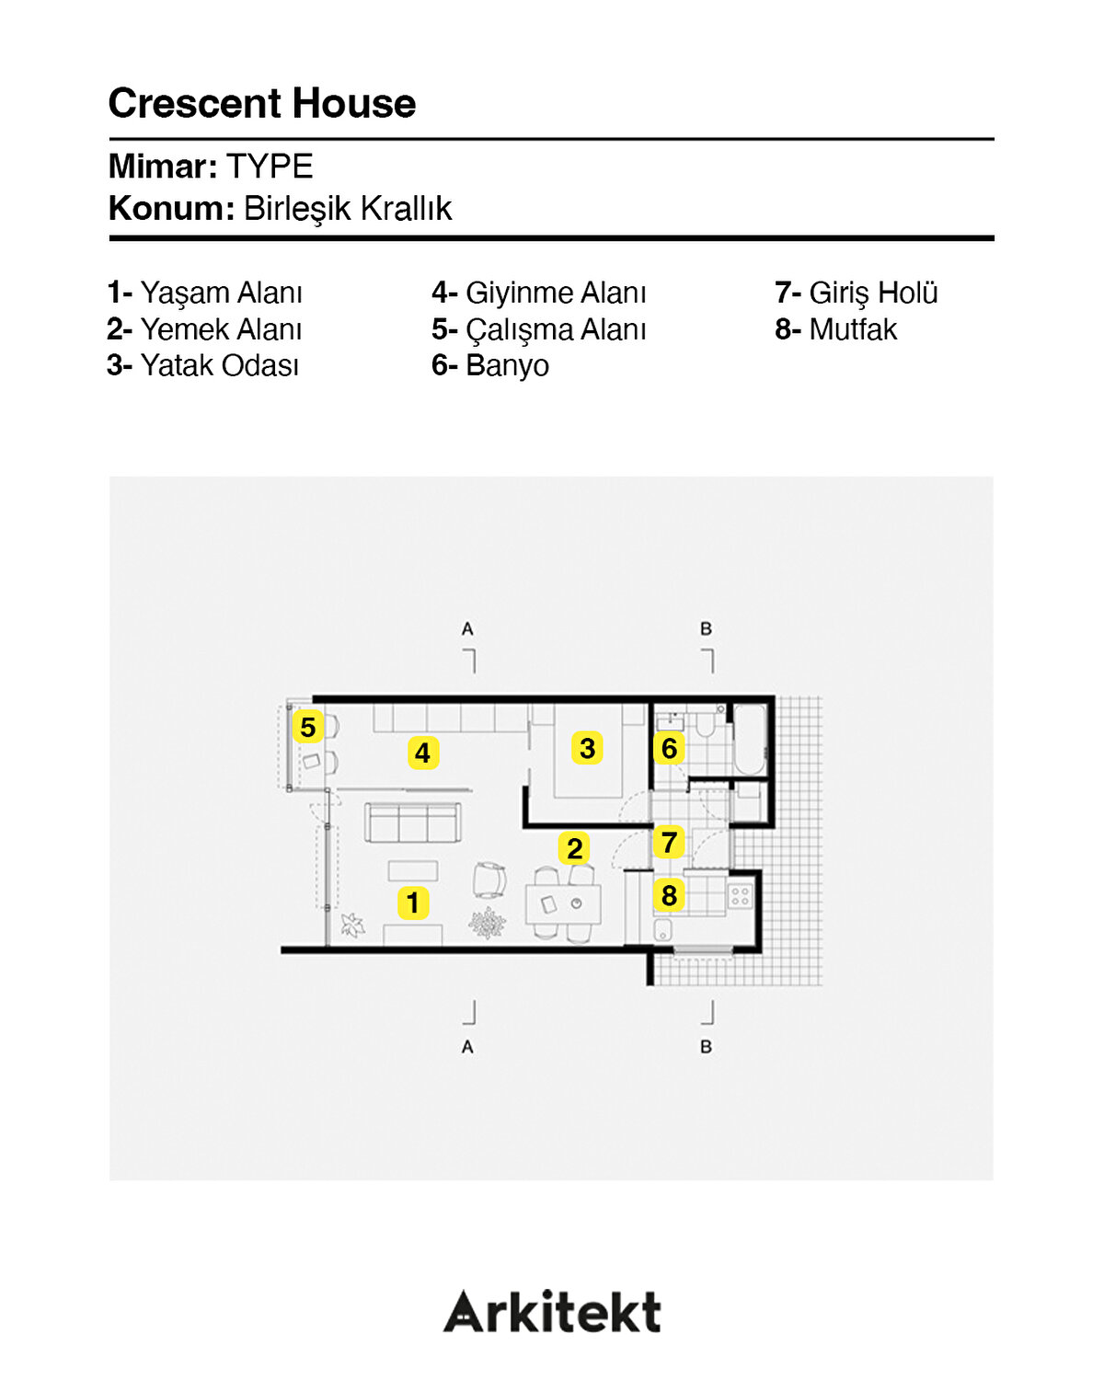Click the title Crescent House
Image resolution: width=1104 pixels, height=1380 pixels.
coord(262,103)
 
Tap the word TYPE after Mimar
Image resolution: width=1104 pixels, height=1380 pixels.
coord(270,167)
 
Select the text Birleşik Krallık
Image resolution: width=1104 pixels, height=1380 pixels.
coord(347,209)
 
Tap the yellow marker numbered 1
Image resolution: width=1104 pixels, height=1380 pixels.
coord(413,903)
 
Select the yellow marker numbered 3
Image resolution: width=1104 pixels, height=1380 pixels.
coord(587,748)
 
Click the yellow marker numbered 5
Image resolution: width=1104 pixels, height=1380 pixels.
coord(307,727)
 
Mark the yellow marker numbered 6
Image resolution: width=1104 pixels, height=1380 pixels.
coord(669,748)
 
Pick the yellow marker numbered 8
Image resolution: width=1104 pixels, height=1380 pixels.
coord(669,894)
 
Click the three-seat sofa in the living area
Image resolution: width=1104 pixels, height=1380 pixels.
coord(413,822)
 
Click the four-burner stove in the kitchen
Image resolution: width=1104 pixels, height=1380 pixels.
coord(741,895)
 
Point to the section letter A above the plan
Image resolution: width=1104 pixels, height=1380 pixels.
coord(467,629)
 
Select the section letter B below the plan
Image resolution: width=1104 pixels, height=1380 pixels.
coord(706,1047)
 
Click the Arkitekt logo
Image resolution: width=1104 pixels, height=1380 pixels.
coord(552,1312)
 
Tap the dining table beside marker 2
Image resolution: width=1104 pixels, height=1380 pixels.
coord(563,904)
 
